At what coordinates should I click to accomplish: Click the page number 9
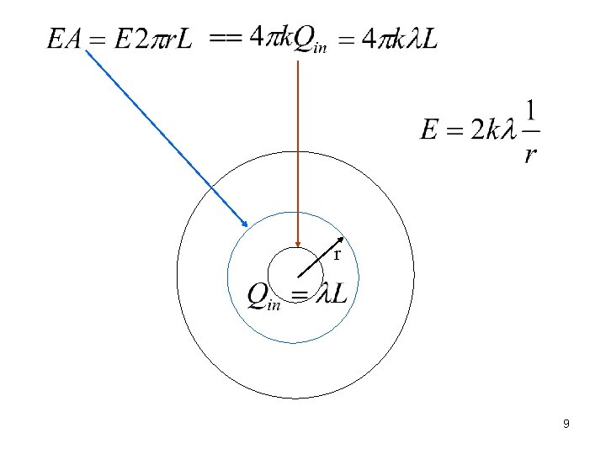tap(566, 425)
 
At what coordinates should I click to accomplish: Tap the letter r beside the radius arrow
tap(337, 254)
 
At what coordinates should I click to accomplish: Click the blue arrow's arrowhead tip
tap(247, 226)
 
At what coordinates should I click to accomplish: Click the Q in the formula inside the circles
tap(258, 294)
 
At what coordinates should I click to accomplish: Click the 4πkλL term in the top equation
tap(399, 39)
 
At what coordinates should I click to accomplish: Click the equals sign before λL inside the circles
tap(300, 294)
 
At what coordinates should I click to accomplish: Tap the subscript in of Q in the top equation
tap(320, 47)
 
